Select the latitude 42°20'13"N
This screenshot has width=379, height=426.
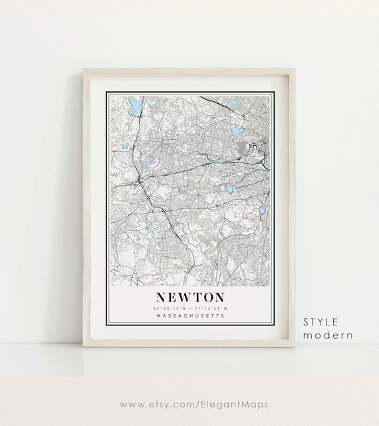click(169, 308)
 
